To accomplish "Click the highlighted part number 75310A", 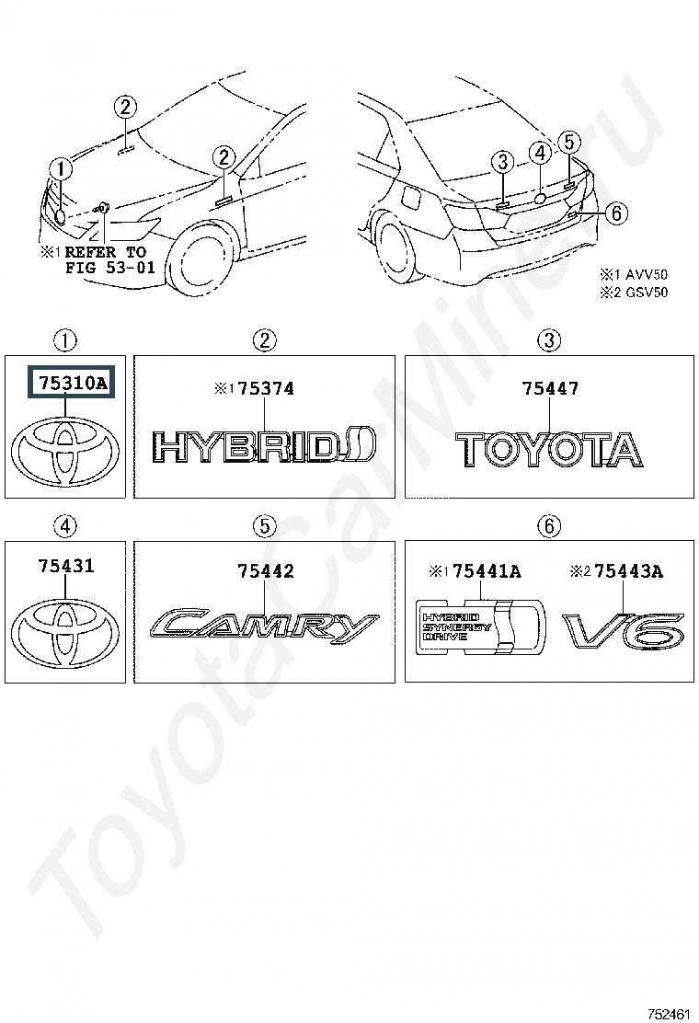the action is point(72,383).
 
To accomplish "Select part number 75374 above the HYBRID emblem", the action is point(266,389).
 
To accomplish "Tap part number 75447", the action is point(550,389).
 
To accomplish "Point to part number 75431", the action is point(66,566).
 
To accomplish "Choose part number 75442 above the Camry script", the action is point(266,571).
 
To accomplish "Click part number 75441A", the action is point(487,571).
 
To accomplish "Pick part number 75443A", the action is point(628,571).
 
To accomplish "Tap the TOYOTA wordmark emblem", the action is point(549,450).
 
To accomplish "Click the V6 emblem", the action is point(624,631).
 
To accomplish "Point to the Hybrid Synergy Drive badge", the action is point(480,626).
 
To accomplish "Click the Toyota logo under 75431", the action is point(65,632).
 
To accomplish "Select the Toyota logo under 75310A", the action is point(65,452).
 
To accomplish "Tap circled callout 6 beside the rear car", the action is point(616,213).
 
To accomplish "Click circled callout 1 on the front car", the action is point(61,168).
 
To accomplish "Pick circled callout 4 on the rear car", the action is point(540,154).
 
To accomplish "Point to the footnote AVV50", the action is point(647,275).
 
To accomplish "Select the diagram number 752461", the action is point(669,1014).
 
